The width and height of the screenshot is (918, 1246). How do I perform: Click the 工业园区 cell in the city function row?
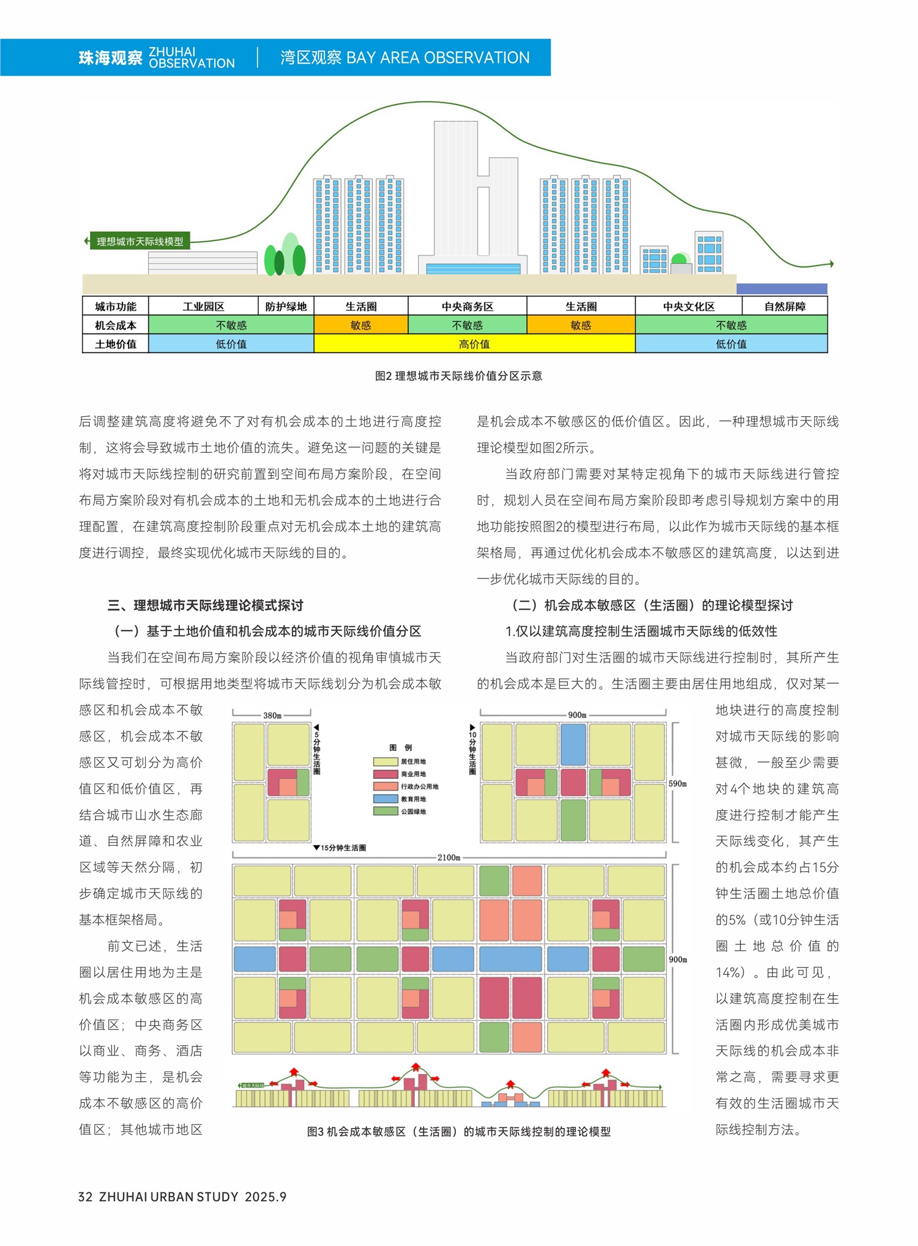[203, 306]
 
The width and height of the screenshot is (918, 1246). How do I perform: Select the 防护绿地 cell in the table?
[286, 306]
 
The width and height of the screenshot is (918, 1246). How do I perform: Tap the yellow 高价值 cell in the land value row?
[474, 344]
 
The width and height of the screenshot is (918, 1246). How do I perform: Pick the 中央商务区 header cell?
[468, 306]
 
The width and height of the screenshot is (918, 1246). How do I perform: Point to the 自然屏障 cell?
[785, 306]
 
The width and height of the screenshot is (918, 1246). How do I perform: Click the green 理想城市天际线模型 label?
[140, 241]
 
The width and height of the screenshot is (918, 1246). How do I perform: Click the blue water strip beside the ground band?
[782, 288]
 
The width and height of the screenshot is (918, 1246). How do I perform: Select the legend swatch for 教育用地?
[386, 799]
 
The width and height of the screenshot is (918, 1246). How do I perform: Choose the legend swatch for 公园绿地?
[386, 811]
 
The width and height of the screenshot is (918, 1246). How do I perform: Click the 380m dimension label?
[272, 715]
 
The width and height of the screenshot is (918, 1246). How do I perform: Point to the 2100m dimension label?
[449, 857]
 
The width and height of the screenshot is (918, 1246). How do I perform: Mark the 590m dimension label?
[677, 783]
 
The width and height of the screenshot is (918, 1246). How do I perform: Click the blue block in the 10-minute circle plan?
[573, 744]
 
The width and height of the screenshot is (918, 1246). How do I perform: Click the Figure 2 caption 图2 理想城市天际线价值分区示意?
[458, 376]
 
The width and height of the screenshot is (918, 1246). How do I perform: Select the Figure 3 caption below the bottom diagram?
[458, 1132]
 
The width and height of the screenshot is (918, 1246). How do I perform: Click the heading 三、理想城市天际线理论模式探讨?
[205, 605]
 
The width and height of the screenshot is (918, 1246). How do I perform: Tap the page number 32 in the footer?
[85, 1196]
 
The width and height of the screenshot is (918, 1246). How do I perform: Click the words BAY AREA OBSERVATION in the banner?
[438, 58]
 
